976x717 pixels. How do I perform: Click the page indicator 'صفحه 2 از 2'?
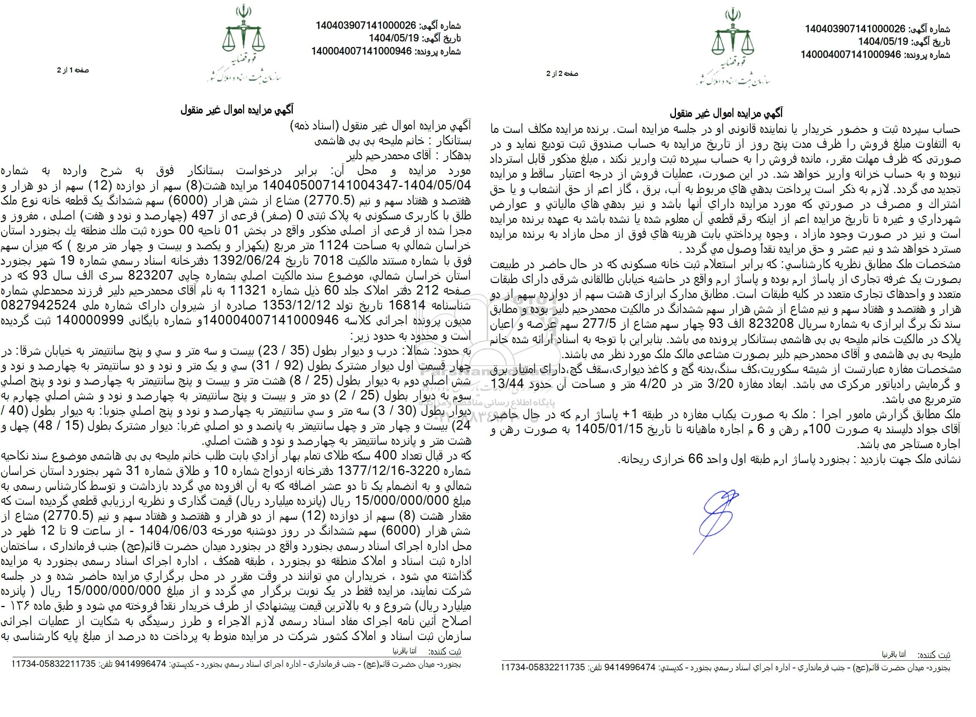562,74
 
